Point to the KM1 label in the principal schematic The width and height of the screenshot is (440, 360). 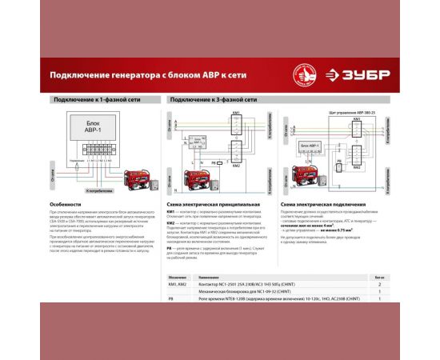click(236, 114)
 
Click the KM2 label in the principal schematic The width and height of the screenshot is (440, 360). click(237, 168)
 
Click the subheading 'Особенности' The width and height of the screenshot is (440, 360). click(65, 205)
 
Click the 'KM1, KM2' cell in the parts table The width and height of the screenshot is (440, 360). click(178, 284)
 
